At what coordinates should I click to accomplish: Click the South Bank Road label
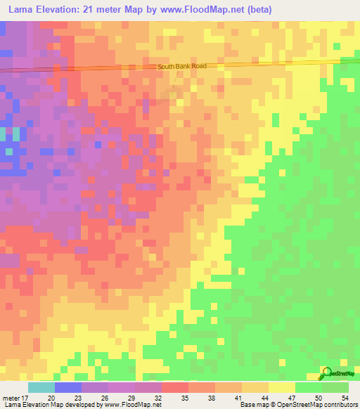pos(182,66)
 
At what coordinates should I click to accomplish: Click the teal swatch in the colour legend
pos(41,387)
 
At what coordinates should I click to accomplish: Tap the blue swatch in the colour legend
pos(68,387)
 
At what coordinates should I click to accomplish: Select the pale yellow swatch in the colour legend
pos(281,387)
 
